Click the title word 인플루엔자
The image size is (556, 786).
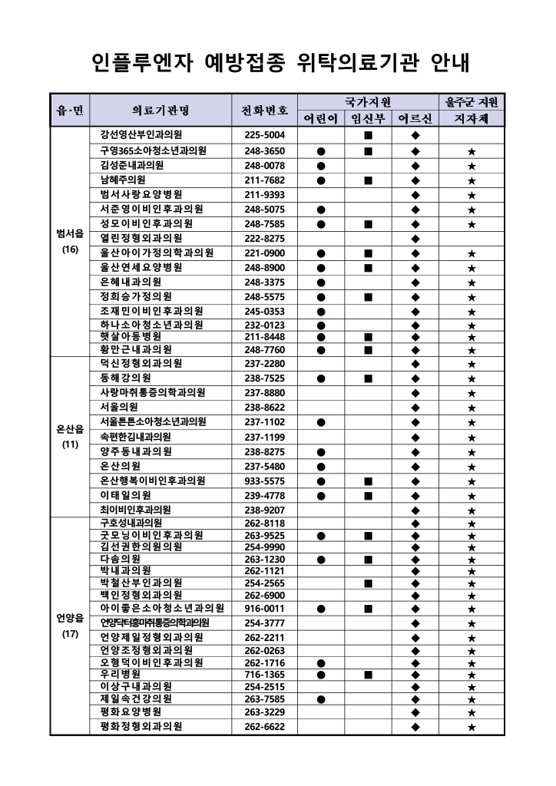[x=138, y=61]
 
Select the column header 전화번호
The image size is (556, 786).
[x=265, y=111]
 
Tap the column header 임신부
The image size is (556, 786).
[x=368, y=119]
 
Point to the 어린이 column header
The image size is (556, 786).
[x=321, y=119]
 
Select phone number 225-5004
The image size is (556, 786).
[x=265, y=135]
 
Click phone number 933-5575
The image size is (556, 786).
[x=265, y=481]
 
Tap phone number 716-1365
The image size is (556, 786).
[x=265, y=673]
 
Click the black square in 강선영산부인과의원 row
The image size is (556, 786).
[x=369, y=135]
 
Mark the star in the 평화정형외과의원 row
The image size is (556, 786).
[x=472, y=726]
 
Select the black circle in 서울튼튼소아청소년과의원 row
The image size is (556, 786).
[x=321, y=422]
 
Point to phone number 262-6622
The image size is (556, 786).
[x=265, y=726]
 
